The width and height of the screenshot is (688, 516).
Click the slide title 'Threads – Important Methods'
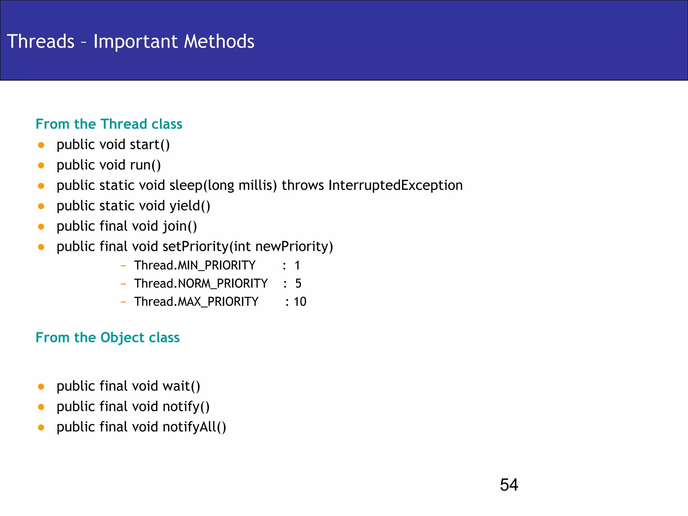pos(130,41)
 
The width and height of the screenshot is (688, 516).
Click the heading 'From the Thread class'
pos(109,124)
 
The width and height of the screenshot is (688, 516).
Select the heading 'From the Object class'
pos(107,337)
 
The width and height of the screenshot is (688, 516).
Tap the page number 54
pos(509,485)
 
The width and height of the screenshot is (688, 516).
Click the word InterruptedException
pos(395,185)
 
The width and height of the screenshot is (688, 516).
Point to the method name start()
pos(150,145)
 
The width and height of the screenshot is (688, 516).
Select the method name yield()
pos(190,206)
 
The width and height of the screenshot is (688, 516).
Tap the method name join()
pos(180,226)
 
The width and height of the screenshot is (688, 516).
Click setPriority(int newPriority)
pos(248,247)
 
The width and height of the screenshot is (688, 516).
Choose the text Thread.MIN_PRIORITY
pos(195,265)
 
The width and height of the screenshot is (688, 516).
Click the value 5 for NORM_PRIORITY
pos(298,284)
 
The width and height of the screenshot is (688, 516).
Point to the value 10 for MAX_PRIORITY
pos(300,302)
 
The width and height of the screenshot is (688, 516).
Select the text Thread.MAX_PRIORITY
pos(196,302)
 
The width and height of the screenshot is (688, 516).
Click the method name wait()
pos(181,386)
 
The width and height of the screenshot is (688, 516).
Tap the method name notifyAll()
pos(194,427)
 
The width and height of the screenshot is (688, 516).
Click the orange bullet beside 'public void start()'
pos(41,145)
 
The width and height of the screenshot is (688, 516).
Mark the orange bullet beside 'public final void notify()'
pos(41,407)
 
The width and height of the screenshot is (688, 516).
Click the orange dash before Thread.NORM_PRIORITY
pos(123,284)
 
